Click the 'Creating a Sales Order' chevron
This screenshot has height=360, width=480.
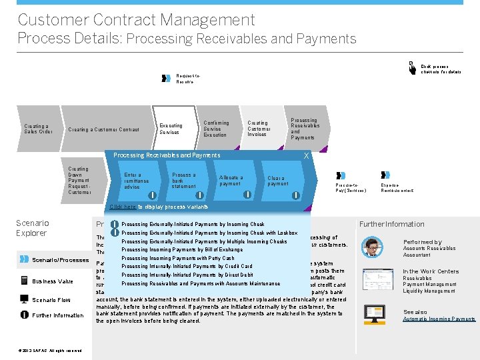(x=37, y=129)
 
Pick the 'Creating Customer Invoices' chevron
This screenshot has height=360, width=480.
(x=258, y=129)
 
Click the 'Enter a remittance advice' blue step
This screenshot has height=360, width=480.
(x=137, y=181)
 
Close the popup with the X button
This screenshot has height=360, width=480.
(x=306, y=155)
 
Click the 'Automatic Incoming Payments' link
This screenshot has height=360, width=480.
(x=439, y=319)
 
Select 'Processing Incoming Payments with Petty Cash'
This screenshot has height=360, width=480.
(x=177, y=258)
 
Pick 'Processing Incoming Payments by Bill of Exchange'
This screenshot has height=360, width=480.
(x=181, y=249)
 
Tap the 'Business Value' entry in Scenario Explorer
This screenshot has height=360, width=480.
(x=51, y=281)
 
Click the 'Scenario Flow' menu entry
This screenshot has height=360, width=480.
(x=51, y=300)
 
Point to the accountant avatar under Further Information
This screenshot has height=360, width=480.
(x=371, y=247)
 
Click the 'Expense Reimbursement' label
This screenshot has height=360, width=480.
(x=397, y=187)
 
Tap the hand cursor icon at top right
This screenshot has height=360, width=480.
(x=413, y=67)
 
